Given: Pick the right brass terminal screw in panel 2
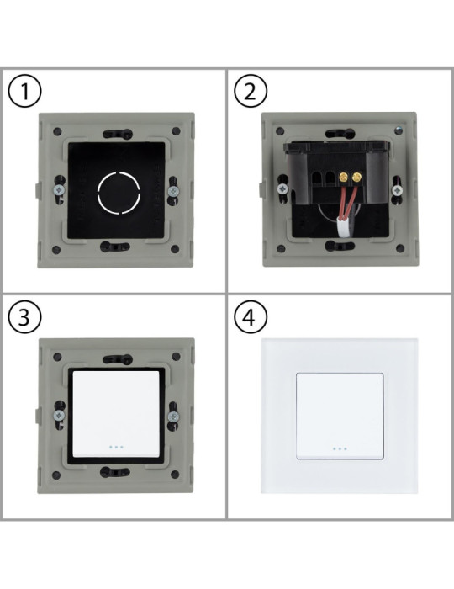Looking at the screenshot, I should [357, 178].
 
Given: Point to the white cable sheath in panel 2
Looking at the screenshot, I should [345, 225].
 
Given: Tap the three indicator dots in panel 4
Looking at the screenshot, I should [340, 448].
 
